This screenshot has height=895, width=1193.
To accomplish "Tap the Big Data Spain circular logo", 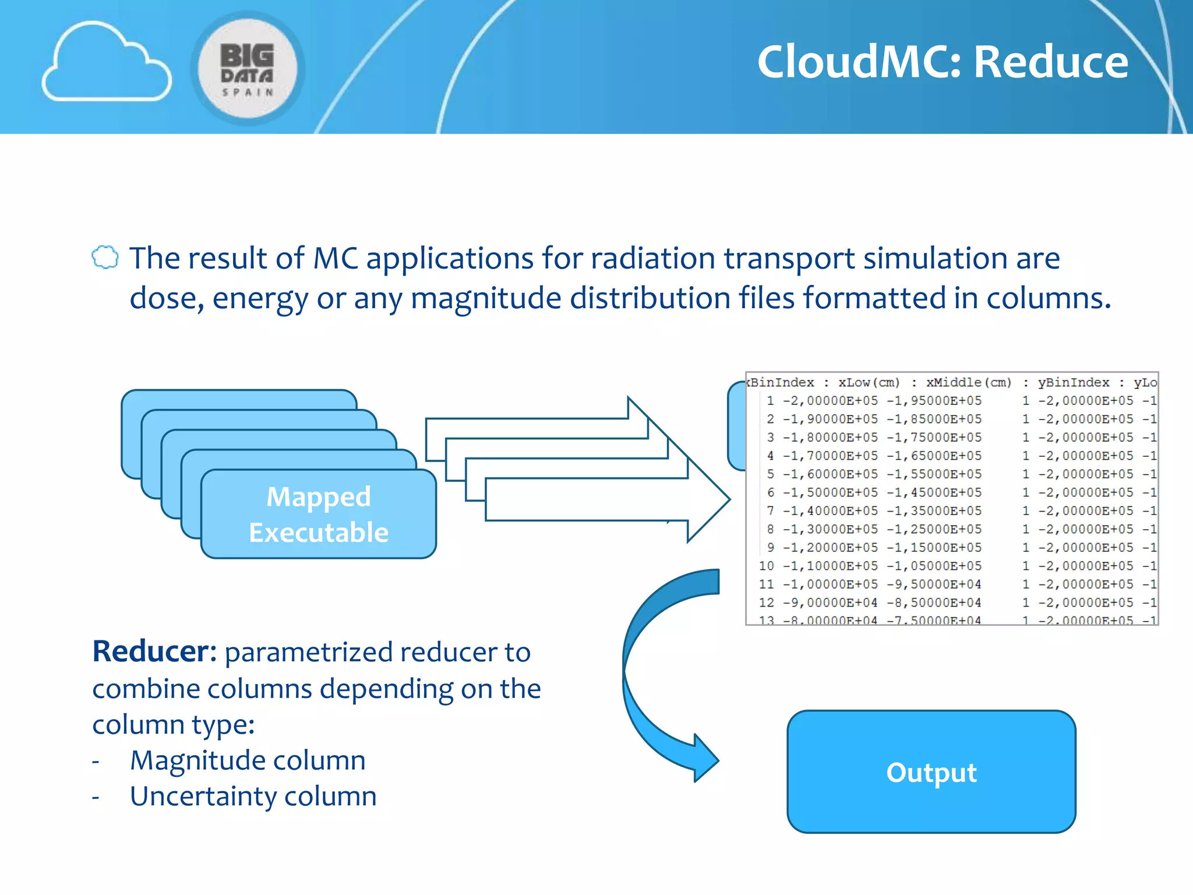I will pos(248,68).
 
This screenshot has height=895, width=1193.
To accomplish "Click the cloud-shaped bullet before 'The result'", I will pos(105,258).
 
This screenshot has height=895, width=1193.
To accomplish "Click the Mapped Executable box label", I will pos(319,515).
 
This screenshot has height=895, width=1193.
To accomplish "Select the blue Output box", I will pos(931,772).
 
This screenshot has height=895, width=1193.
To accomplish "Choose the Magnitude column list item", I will pos(248,760).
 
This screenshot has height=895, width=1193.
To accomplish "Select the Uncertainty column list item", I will pos(253,797).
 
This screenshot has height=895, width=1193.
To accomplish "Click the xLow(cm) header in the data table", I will pos(869,383).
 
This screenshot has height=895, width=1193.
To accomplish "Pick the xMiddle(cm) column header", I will pos(968,383).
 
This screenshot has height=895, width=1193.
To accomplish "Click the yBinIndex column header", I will pos(1073,383).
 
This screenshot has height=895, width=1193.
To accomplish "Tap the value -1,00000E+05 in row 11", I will pos(830,584).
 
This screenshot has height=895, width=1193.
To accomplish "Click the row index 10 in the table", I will pos(767,566).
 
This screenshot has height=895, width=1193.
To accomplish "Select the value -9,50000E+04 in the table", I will pos(934,584).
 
